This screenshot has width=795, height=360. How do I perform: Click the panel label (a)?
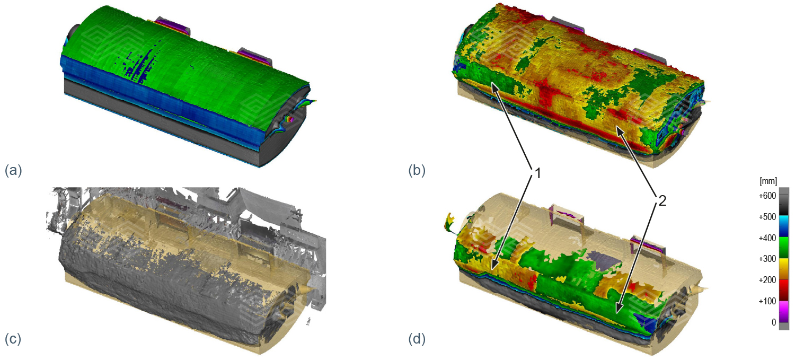[13, 170]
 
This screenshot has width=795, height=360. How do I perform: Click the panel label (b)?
[417, 170]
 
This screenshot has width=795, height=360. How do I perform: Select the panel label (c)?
[13, 339]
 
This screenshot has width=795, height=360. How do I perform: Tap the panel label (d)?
[417, 339]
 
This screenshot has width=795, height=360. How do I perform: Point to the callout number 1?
[538, 173]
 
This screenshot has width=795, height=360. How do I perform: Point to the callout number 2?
[662, 201]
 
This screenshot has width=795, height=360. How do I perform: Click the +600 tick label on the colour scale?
[767, 196]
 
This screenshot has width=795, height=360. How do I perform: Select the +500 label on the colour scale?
[767, 216]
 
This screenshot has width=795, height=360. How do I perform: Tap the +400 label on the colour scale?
[767, 238]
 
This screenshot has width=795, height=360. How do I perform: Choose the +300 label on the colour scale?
[767, 259]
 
